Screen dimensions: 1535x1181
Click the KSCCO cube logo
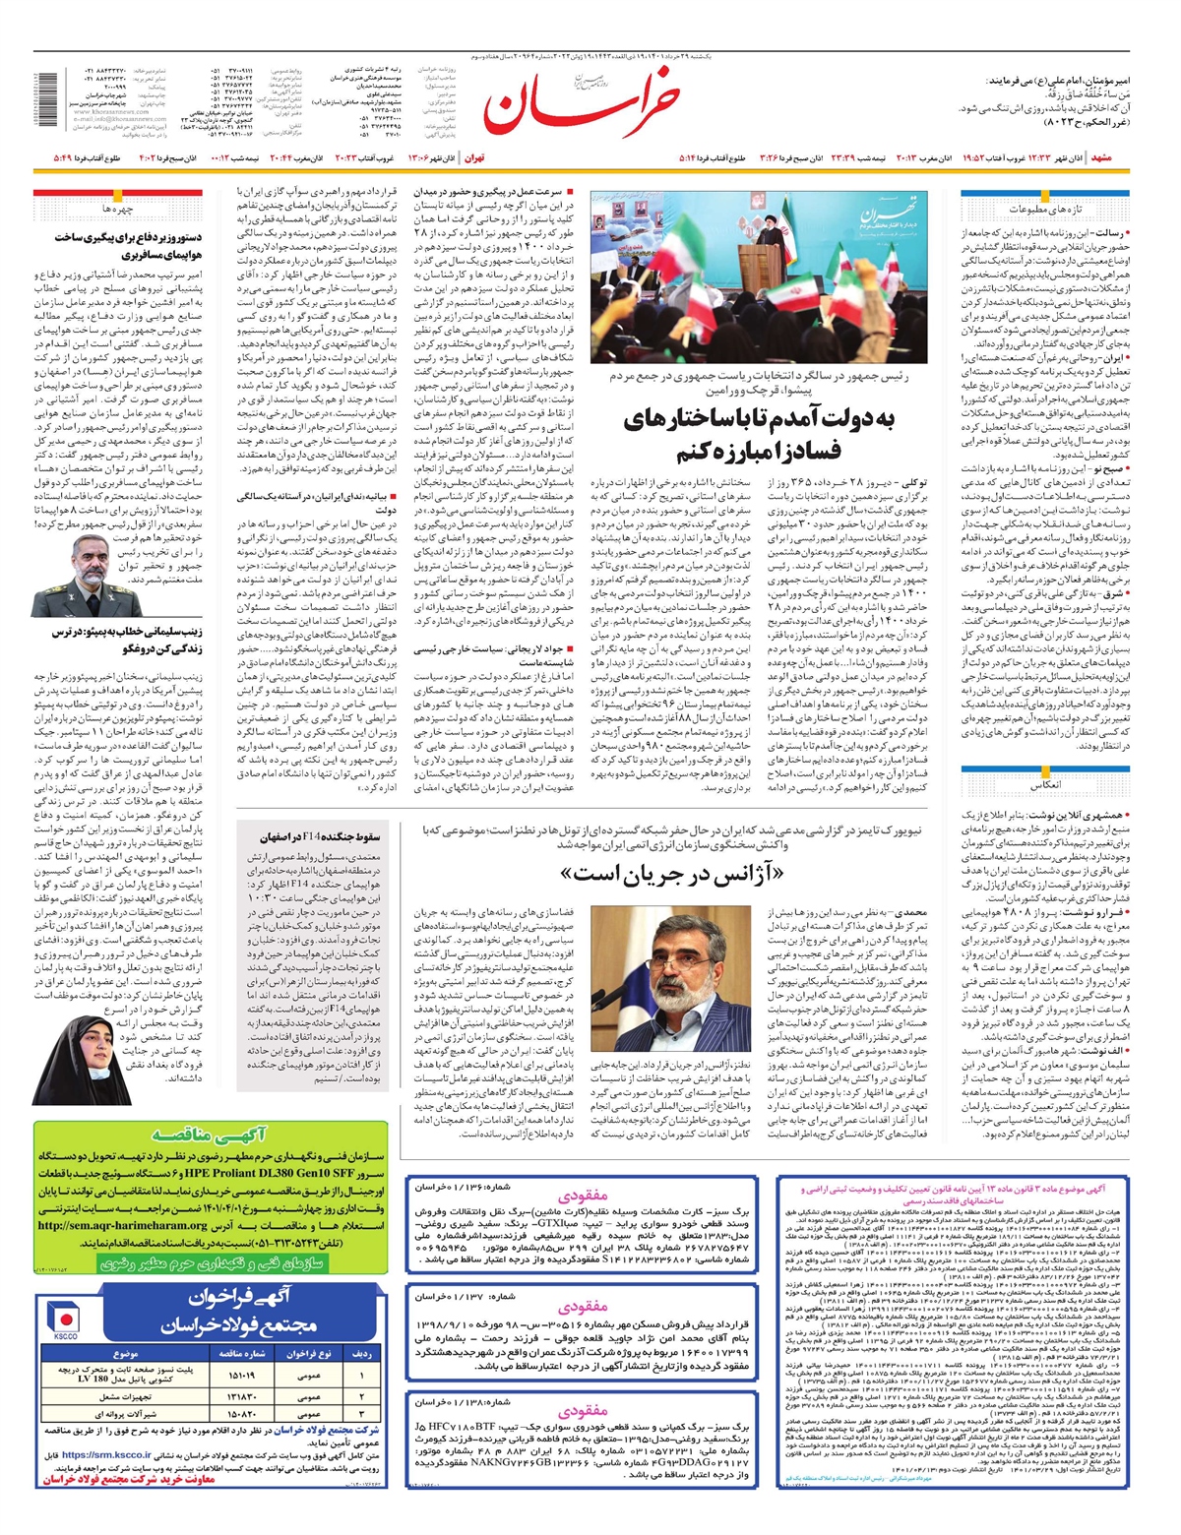click(65, 1319)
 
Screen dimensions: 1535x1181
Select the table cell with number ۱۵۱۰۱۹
click(240, 1375)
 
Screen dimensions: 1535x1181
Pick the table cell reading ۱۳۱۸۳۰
click(240, 1396)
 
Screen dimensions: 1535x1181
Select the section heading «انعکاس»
click(1045, 786)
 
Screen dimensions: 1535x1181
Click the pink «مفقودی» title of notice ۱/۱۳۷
click(583, 1307)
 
